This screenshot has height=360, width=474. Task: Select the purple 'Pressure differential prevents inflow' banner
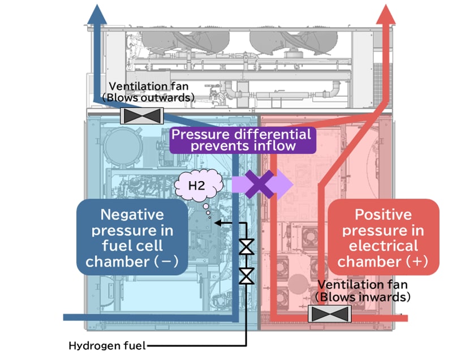[x=242, y=140]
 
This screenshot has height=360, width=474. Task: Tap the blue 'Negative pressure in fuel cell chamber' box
[x=132, y=238]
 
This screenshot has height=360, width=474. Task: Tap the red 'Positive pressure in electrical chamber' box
[x=383, y=238]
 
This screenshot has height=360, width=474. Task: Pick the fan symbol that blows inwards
[x=331, y=314]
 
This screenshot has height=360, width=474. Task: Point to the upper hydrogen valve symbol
[x=247, y=248]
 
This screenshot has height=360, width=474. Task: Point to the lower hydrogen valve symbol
[x=247, y=276]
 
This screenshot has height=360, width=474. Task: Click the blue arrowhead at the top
[x=96, y=14]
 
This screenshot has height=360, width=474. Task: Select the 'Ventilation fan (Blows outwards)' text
[x=151, y=92]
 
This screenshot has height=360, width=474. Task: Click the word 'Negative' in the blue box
[x=132, y=215]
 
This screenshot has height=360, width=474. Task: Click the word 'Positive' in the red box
[x=383, y=215]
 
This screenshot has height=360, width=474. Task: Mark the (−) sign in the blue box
[x=167, y=262]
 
